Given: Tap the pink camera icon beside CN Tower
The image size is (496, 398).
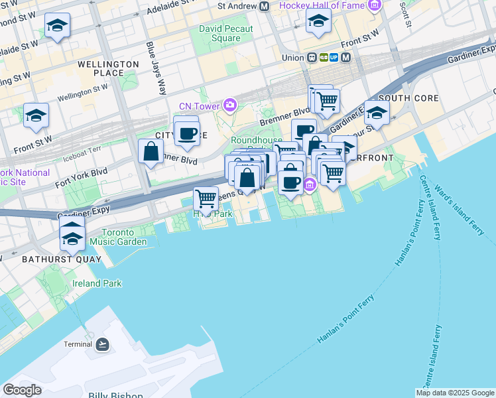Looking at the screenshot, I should [x=230, y=105].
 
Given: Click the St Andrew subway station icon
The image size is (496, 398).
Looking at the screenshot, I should [x=264, y=6].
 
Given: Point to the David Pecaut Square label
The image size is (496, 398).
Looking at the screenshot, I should [x=226, y=33].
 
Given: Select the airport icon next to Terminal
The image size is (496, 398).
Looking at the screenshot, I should [x=102, y=344].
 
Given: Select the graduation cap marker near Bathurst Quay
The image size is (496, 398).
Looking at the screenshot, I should [x=72, y=237].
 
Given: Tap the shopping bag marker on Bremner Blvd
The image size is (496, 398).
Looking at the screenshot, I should [x=151, y=151].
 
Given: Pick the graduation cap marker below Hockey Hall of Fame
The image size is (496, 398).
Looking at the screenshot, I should [x=318, y=22].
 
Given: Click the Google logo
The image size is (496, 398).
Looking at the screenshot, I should [x=22, y=389].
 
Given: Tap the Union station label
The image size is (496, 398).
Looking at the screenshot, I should [x=292, y=57].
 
